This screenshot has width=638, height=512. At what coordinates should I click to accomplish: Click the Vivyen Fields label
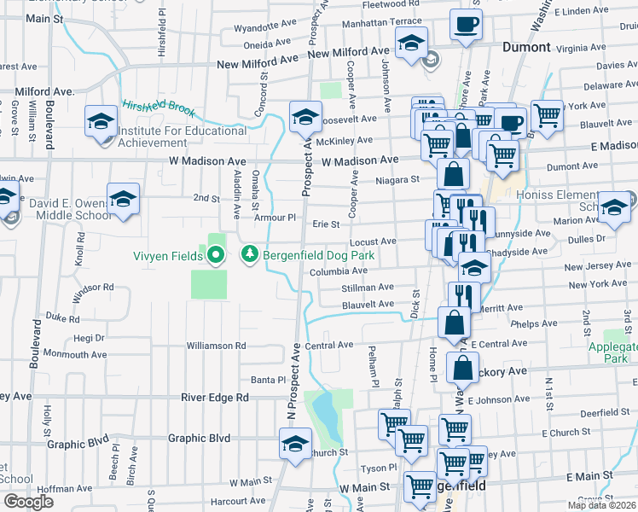(164, 254)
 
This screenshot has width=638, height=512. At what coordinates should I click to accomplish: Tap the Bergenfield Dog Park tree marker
(249, 254)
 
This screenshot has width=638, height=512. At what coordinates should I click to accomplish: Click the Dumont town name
(526, 47)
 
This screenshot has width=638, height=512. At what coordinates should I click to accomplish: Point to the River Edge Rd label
(219, 398)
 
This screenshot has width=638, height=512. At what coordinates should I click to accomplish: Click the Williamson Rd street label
(217, 346)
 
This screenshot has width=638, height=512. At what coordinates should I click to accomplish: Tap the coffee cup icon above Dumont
(465, 26)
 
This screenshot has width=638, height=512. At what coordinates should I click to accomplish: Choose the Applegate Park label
(614, 353)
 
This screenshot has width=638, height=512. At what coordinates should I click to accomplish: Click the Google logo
(28, 502)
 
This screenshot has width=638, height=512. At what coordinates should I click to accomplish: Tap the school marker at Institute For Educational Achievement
(101, 121)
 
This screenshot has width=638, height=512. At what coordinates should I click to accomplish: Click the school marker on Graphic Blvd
(295, 444)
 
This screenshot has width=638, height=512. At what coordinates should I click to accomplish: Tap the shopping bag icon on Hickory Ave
(462, 368)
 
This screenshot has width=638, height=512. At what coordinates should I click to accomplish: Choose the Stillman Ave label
(368, 288)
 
